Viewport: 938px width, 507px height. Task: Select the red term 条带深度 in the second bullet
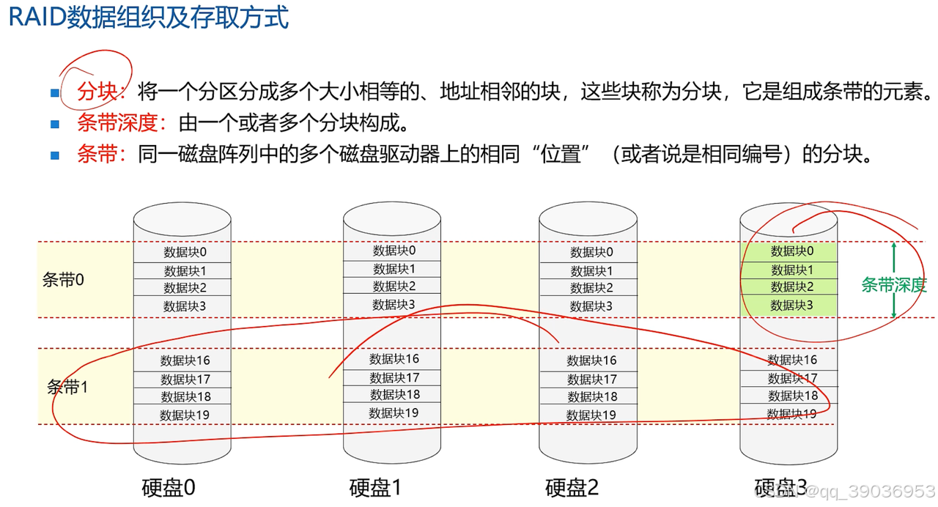[117, 123]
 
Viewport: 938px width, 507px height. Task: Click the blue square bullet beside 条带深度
[55, 124]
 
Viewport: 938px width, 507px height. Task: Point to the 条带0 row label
[63, 280]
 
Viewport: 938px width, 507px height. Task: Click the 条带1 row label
[67, 387]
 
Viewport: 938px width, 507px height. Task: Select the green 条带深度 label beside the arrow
[894, 285]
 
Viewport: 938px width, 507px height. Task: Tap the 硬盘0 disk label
[169, 487]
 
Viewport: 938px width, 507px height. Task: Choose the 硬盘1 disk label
[375, 487]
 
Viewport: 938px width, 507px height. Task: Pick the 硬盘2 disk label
[572, 487]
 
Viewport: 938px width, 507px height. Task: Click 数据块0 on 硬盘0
[185, 252]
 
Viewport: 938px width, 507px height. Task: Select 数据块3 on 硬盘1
[394, 304]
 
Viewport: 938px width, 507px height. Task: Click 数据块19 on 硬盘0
[185, 415]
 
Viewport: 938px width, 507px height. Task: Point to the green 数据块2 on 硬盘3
[792, 287]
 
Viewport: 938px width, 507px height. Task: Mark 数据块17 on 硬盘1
[394, 377]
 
